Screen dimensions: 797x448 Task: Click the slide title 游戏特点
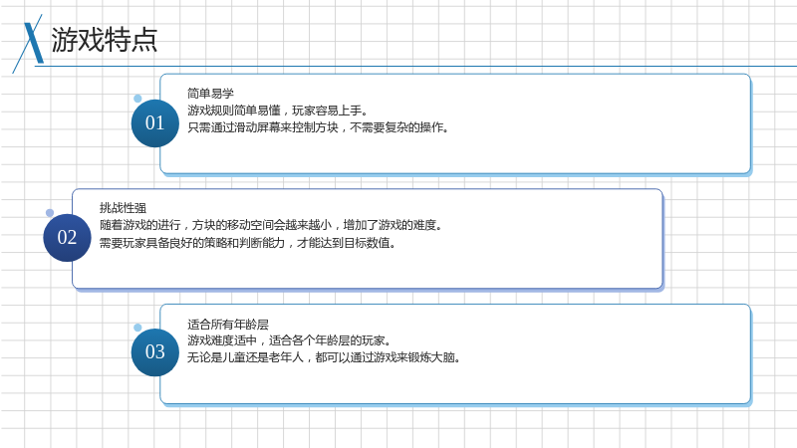point(105,40)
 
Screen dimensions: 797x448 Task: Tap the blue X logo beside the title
point(30,44)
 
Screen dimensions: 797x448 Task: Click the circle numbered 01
point(155,123)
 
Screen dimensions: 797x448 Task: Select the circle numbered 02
point(67,238)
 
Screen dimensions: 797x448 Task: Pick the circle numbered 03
point(155,352)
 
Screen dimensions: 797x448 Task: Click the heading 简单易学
point(210,94)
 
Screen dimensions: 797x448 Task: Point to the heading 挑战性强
point(123,208)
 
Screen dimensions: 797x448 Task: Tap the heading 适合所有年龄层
point(228,325)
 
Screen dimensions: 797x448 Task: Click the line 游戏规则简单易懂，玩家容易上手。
point(278,111)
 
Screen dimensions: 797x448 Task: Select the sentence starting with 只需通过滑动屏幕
point(318,127)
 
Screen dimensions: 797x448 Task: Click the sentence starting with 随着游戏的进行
point(271,225)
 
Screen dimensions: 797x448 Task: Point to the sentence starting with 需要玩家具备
point(247,243)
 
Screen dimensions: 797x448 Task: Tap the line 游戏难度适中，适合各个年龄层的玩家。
point(289,340)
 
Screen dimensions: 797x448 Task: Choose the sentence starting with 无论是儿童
point(324,357)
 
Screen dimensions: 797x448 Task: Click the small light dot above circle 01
point(137,99)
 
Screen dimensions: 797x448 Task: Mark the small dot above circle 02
point(50,213)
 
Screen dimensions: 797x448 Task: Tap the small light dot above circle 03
point(137,328)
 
